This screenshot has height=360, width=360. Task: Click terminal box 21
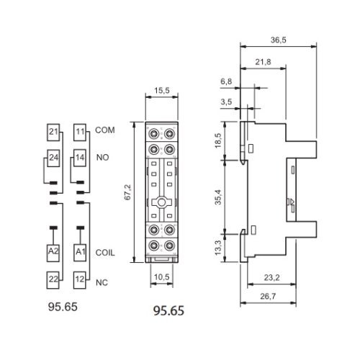tap(53, 132)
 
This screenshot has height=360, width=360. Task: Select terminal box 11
tap(80, 132)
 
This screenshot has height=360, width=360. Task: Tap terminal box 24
tap(53, 157)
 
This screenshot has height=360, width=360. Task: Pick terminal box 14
tap(80, 157)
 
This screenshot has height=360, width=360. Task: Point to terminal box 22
tap(53, 279)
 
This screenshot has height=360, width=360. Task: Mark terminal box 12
tap(80, 279)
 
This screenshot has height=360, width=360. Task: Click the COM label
tap(105, 132)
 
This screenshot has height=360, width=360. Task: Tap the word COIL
tap(106, 252)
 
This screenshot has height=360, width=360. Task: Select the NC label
tap(102, 279)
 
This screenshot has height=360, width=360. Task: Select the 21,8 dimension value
tap(264, 63)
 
